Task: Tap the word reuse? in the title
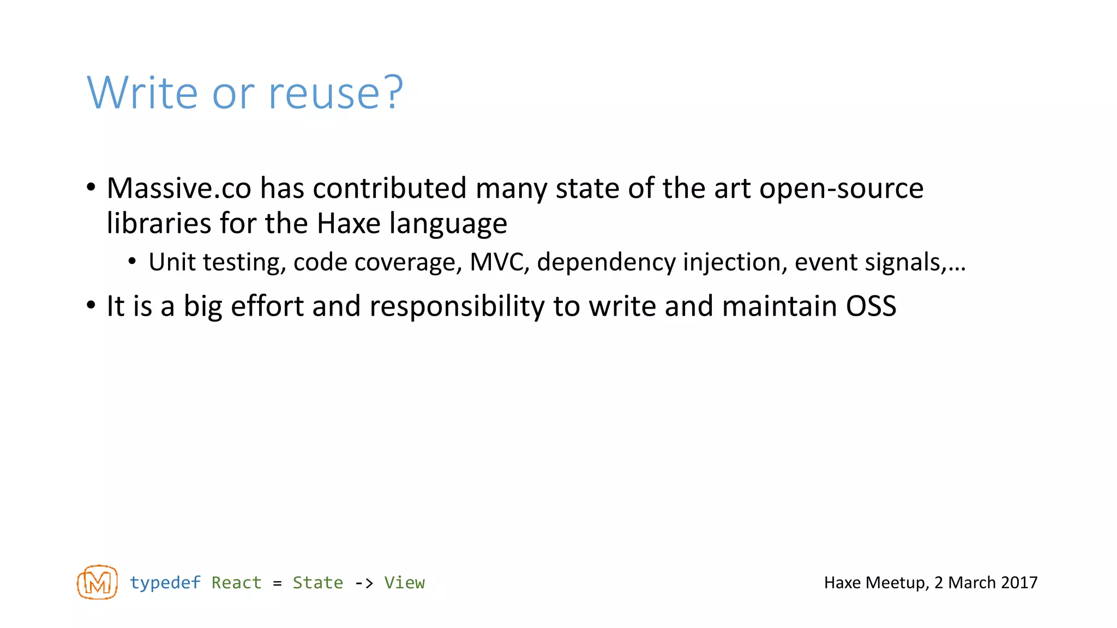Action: click(335, 93)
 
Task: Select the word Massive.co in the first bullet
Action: click(179, 188)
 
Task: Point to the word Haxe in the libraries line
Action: click(349, 224)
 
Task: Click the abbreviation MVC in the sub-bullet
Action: click(499, 262)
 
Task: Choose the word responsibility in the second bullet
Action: click(457, 306)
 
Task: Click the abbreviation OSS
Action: click(870, 306)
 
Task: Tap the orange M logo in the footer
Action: click(97, 582)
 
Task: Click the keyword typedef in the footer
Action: click(165, 583)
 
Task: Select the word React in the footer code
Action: click(236, 583)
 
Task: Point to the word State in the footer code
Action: click(317, 583)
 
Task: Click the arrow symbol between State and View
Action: click(364, 583)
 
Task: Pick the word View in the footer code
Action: click(404, 583)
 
